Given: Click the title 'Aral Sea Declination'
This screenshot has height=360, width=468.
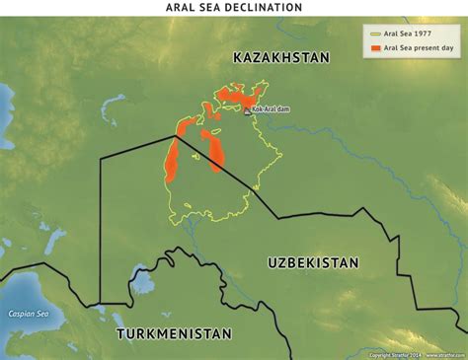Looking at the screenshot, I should click(234, 8).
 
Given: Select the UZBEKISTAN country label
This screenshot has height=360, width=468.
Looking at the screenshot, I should click(313, 262).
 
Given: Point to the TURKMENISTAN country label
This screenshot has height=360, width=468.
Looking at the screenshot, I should click(174, 334).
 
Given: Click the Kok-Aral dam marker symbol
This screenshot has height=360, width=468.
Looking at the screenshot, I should click(248, 112).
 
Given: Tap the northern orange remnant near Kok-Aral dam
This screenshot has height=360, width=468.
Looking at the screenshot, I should click(237, 96).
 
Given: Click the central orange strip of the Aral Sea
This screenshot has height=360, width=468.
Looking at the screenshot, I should click(211, 147).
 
